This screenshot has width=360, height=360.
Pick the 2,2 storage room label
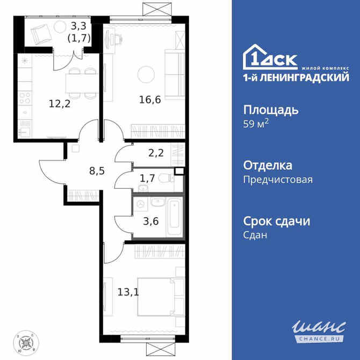(156, 153)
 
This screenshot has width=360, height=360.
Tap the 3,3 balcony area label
(79, 25)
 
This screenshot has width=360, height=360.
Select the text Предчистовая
(278, 179)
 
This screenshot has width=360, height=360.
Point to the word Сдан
(256, 235)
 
